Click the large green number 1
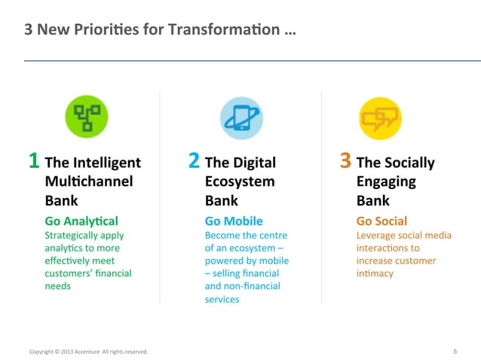point(34,161)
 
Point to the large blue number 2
point(194,161)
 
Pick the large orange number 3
point(346,161)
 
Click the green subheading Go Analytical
point(81,221)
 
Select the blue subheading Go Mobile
point(234,221)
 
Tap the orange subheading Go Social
point(381,221)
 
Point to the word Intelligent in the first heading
point(107,163)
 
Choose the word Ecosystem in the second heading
point(239,182)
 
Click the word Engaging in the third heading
point(385,182)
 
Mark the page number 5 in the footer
point(455,351)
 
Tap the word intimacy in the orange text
point(375,273)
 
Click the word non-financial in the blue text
point(252,286)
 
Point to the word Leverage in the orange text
point(375,235)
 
